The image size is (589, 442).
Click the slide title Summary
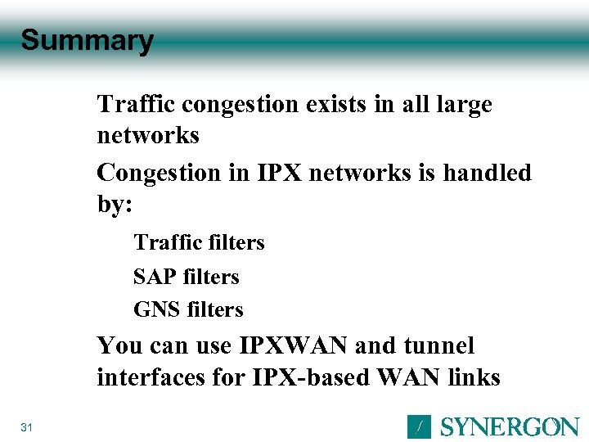tap(87, 40)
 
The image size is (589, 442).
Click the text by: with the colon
tap(115, 205)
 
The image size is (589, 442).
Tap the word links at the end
tap(472, 377)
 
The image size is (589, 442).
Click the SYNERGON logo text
tap(510, 427)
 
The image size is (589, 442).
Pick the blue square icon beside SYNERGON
tap(418, 426)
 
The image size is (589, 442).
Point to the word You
tap(119, 345)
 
